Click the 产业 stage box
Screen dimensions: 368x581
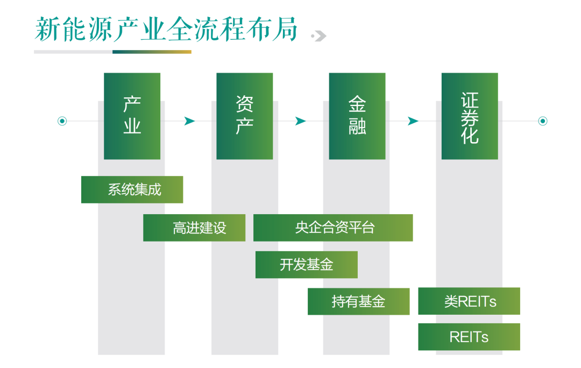tap(132, 116)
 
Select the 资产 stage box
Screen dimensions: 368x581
tap(244, 116)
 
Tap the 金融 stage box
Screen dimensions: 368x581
tap(357, 116)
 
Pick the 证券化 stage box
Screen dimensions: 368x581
tap(470, 116)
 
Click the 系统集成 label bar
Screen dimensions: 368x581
tap(132, 189)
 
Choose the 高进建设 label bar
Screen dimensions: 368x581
tap(194, 228)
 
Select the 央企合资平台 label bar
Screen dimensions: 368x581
tap(333, 228)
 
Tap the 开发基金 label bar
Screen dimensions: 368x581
tap(306, 265)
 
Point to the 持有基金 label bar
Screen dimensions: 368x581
tap(358, 301)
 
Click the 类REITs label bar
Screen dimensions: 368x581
tap(469, 301)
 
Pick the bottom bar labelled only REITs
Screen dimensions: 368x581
tap(469, 337)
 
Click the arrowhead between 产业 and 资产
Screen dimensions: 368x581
tap(189, 121)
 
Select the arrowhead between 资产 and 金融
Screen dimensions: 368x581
tap(300, 121)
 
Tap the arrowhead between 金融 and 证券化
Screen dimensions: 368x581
tap(413, 121)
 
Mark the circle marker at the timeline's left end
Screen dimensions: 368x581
tap(62, 121)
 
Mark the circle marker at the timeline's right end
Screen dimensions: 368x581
tap(542, 121)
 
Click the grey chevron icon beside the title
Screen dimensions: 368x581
tap(319, 36)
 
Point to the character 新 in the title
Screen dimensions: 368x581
tap(46, 29)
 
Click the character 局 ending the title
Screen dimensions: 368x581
tap(285, 29)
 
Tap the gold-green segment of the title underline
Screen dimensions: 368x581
tap(152, 52)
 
